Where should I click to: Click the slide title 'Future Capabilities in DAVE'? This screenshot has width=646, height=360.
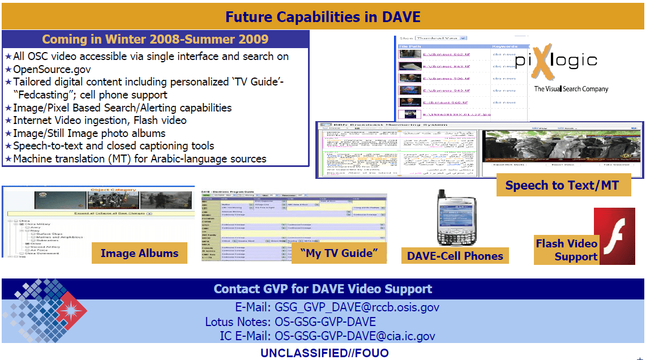click(323, 16)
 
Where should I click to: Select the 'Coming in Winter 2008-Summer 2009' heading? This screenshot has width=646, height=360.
click(155, 39)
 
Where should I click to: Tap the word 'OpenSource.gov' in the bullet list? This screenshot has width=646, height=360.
click(52, 69)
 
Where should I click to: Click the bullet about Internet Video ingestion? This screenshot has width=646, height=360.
click(100, 120)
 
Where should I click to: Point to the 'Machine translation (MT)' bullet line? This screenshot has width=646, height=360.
click(139, 158)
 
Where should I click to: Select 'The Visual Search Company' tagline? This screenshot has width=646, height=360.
click(571, 89)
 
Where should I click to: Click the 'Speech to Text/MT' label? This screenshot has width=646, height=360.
click(562, 185)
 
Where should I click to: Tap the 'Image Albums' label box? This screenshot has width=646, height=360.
click(139, 253)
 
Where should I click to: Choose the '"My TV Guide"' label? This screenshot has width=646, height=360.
click(339, 253)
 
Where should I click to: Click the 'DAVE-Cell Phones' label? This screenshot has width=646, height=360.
click(455, 256)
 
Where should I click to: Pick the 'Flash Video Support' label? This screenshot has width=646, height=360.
click(566, 250)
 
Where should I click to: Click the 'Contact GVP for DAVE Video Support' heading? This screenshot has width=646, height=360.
click(323, 289)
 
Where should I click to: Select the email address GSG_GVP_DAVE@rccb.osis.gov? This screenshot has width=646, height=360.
click(357, 308)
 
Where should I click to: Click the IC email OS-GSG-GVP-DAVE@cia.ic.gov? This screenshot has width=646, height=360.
click(355, 336)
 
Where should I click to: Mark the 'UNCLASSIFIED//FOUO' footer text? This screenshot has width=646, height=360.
click(324, 353)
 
